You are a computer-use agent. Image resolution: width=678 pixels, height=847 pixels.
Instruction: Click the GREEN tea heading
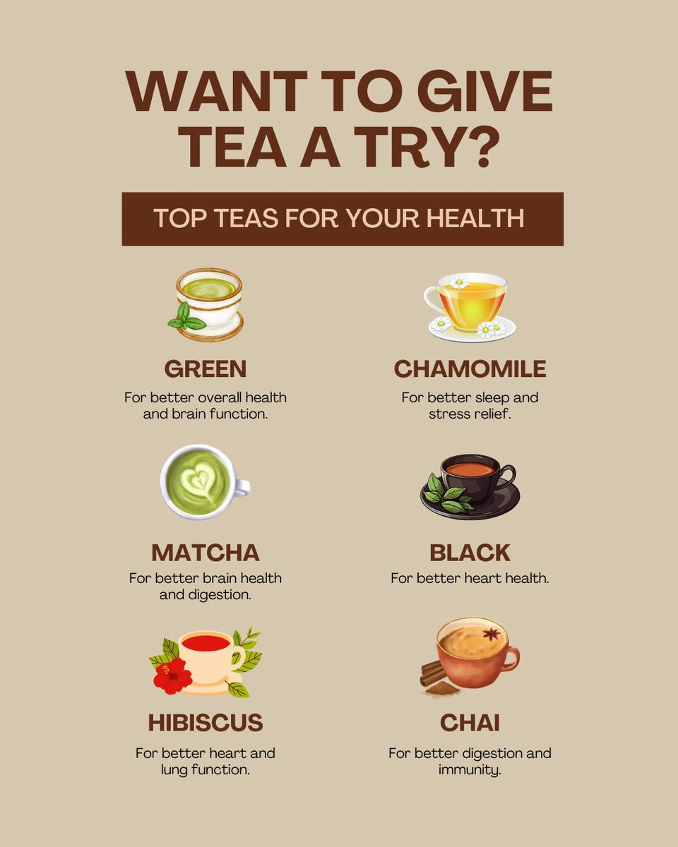pyautogui.click(x=206, y=368)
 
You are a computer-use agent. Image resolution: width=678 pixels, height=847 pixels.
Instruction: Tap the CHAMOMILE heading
pyautogui.click(x=470, y=368)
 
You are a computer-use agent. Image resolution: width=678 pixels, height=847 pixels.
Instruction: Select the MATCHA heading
pyautogui.click(x=206, y=553)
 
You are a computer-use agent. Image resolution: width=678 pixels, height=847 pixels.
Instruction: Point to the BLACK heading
pyautogui.click(x=470, y=553)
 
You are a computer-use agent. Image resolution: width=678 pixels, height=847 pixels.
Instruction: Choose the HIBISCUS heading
pyautogui.click(x=206, y=723)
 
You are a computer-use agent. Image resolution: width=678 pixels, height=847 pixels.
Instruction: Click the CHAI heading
pyautogui.click(x=470, y=723)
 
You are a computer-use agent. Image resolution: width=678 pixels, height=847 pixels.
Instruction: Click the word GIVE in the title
pyautogui.click(x=484, y=91)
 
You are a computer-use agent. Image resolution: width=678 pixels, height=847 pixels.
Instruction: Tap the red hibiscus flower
pyautogui.click(x=172, y=675)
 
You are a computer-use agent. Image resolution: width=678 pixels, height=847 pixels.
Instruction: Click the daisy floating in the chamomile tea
pyautogui.click(x=458, y=282)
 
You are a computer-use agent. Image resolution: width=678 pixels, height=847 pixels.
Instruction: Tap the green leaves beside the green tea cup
pyautogui.click(x=186, y=317)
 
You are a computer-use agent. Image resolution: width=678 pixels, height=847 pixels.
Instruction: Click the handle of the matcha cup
pyautogui.click(x=241, y=487)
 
